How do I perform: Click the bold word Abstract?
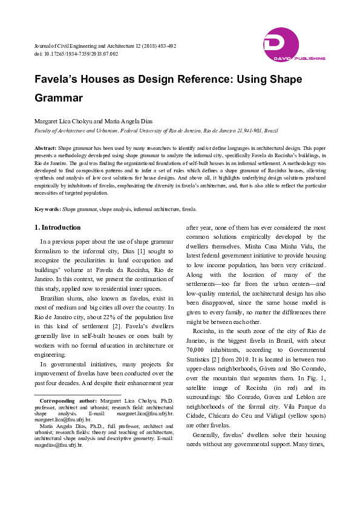[x=45, y=148]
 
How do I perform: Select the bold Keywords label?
[x=47, y=209]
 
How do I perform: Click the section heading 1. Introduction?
[x=56, y=227]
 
